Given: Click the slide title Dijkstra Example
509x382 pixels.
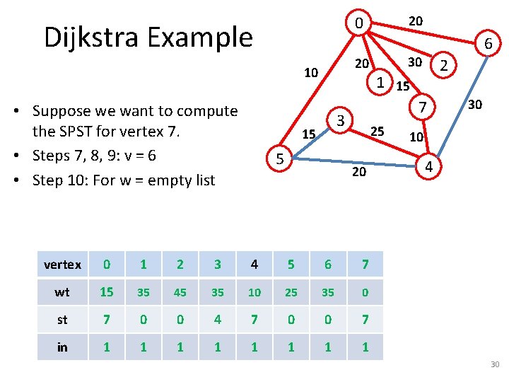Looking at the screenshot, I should point(148,37).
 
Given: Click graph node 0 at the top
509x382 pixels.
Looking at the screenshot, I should point(359,24).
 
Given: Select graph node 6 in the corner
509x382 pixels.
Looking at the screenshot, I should point(488,45).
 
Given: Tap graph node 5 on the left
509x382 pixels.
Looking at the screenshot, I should point(280,160).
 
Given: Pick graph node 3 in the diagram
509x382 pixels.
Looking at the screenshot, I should point(341,121).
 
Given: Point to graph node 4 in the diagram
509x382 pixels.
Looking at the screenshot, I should point(428,167).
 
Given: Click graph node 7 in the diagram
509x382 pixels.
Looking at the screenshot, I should point(421,108).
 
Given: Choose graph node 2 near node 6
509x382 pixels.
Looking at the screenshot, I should point(444,66).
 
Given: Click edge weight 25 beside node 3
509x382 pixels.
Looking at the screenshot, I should point(378,131).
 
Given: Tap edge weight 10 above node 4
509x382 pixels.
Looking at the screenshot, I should point(417,136).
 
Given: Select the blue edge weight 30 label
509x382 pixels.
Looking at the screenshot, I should point(475,105).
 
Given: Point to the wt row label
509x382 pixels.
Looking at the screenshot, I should point(62,292).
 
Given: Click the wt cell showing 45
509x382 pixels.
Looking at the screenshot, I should point(180,292).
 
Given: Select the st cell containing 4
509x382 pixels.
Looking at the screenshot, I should point(217,319).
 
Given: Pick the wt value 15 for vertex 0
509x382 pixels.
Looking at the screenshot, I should point(106,292).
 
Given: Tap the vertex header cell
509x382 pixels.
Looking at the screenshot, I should point(62,265).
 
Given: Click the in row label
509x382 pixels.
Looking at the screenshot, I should point(62,347).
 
